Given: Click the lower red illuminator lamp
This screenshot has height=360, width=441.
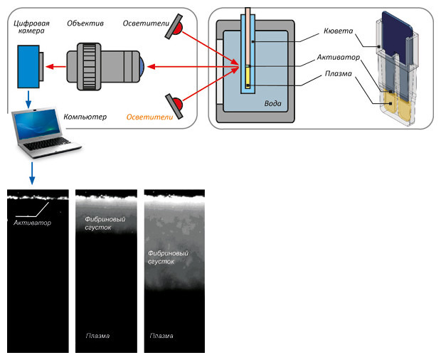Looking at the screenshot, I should [x=176, y=105].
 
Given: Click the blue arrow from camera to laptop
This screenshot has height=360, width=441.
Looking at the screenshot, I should [x=28, y=101].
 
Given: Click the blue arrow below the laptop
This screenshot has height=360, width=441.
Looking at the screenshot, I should [x=31, y=175].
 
